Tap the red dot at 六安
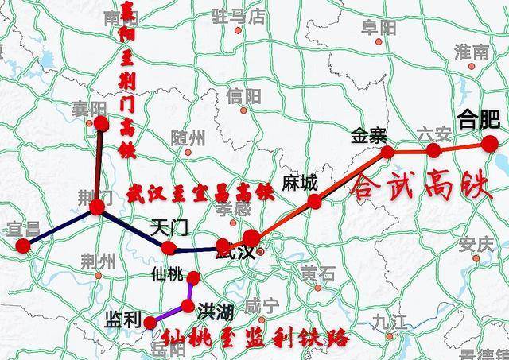pyautogui.click(x=434, y=149)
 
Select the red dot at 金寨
pyautogui.click(x=387, y=151)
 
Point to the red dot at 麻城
pyautogui.click(x=315, y=201)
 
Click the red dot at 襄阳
pyautogui.click(x=101, y=122)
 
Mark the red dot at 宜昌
pyautogui.click(x=23, y=246)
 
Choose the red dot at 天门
pyautogui.click(x=168, y=248)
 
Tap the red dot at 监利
pyautogui.click(x=150, y=322)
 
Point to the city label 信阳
pyautogui.click(x=243, y=96)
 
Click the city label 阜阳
pyautogui.click(x=379, y=28)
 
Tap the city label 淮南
pyautogui.click(x=471, y=52)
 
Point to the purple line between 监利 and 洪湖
pyautogui.click(x=169, y=315)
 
